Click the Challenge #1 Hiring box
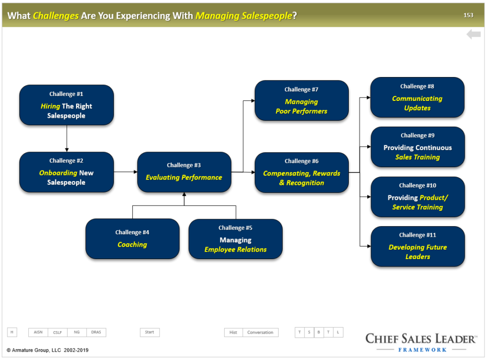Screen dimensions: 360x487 pos(66,105)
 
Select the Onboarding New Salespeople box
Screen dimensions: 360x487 pos(66,172)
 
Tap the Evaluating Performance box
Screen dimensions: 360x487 pos(184,172)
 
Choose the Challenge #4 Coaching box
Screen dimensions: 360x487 pos(132,239)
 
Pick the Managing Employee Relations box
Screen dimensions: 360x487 pos(235,239)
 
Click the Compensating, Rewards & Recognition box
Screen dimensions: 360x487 pos(302,173)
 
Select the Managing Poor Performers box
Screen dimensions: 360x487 pos(302,100)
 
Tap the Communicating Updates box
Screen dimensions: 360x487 pos(417,97)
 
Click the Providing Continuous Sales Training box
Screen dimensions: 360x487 pos(417,147)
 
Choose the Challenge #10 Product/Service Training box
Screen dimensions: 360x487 pos(417,197)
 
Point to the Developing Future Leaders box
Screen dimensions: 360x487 pos(417,247)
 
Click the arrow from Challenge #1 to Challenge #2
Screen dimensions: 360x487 pos(67,138)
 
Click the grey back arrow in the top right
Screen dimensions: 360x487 pos(473,34)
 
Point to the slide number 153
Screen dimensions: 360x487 pos(468,15)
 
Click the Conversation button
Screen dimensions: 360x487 pos(260,332)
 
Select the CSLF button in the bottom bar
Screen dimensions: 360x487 pos(58,332)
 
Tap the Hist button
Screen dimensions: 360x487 pos(233,332)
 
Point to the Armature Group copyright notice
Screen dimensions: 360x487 pos(48,350)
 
